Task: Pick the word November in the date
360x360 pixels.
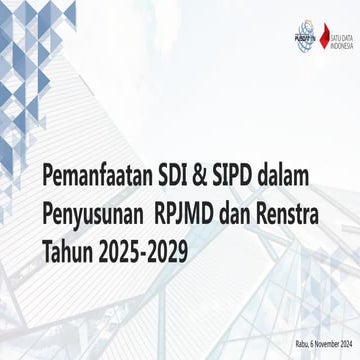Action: pyautogui.click(x=322, y=345)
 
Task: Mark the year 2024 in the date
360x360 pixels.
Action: pyautogui.click(x=346, y=345)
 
